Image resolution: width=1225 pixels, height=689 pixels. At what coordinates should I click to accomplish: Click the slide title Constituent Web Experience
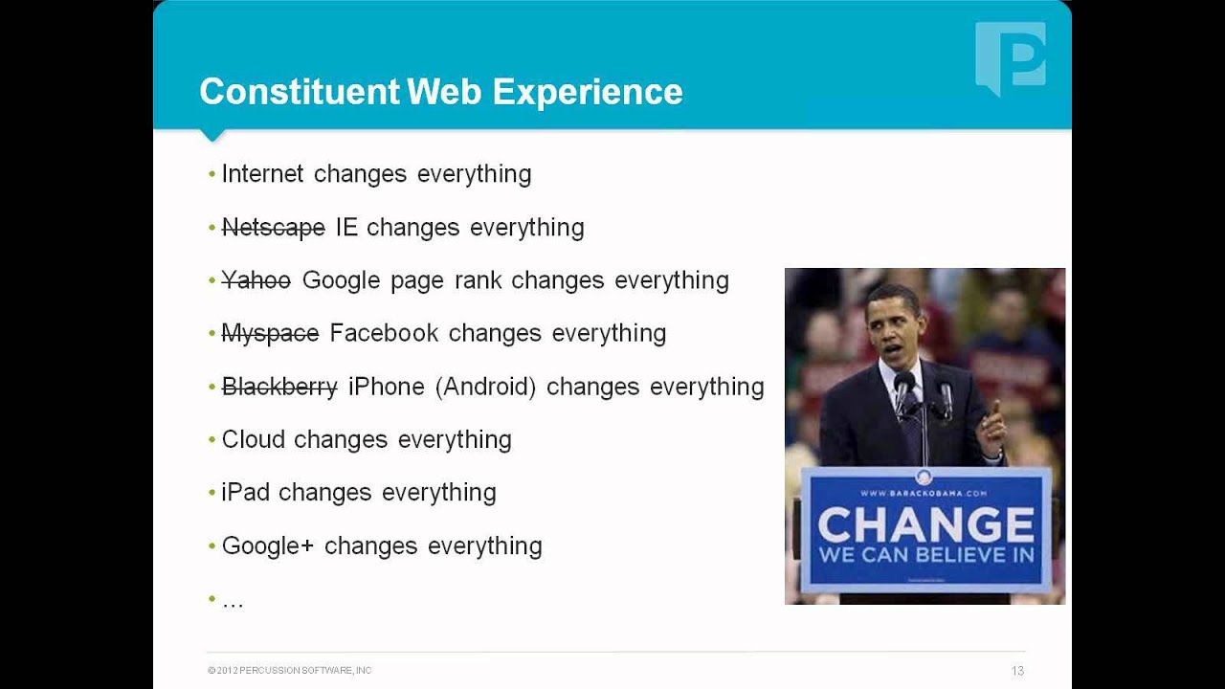tap(441, 92)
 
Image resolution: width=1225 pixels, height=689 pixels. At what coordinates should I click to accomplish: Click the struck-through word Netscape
tap(274, 228)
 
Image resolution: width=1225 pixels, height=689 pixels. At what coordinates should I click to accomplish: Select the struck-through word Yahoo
tap(256, 280)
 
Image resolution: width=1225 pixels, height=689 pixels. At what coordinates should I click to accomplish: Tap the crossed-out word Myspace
tap(270, 333)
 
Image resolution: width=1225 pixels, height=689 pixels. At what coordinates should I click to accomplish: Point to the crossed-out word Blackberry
tap(279, 387)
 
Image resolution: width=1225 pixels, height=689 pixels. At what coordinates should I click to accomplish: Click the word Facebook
tap(384, 333)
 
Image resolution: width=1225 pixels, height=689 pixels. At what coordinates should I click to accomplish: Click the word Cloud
tap(254, 439)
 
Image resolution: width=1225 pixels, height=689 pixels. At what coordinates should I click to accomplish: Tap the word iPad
tap(246, 493)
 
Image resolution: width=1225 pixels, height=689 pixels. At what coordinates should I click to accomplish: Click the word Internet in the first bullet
tap(262, 174)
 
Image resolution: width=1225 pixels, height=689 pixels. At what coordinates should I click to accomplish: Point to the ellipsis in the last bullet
tap(233, 602)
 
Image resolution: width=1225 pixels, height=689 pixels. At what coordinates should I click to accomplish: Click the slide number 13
tap(1017, 671)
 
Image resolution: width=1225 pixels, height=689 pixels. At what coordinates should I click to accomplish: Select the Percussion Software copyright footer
tap(290, 671)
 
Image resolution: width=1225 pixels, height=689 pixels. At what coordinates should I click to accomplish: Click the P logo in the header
tap(1011, 57)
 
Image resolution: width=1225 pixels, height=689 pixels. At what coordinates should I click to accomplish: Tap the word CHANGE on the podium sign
tap(925, 524)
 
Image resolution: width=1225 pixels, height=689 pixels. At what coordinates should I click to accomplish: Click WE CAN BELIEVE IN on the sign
tap(925, 556)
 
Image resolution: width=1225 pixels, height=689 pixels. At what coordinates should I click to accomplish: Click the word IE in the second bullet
tap(345, 228)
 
